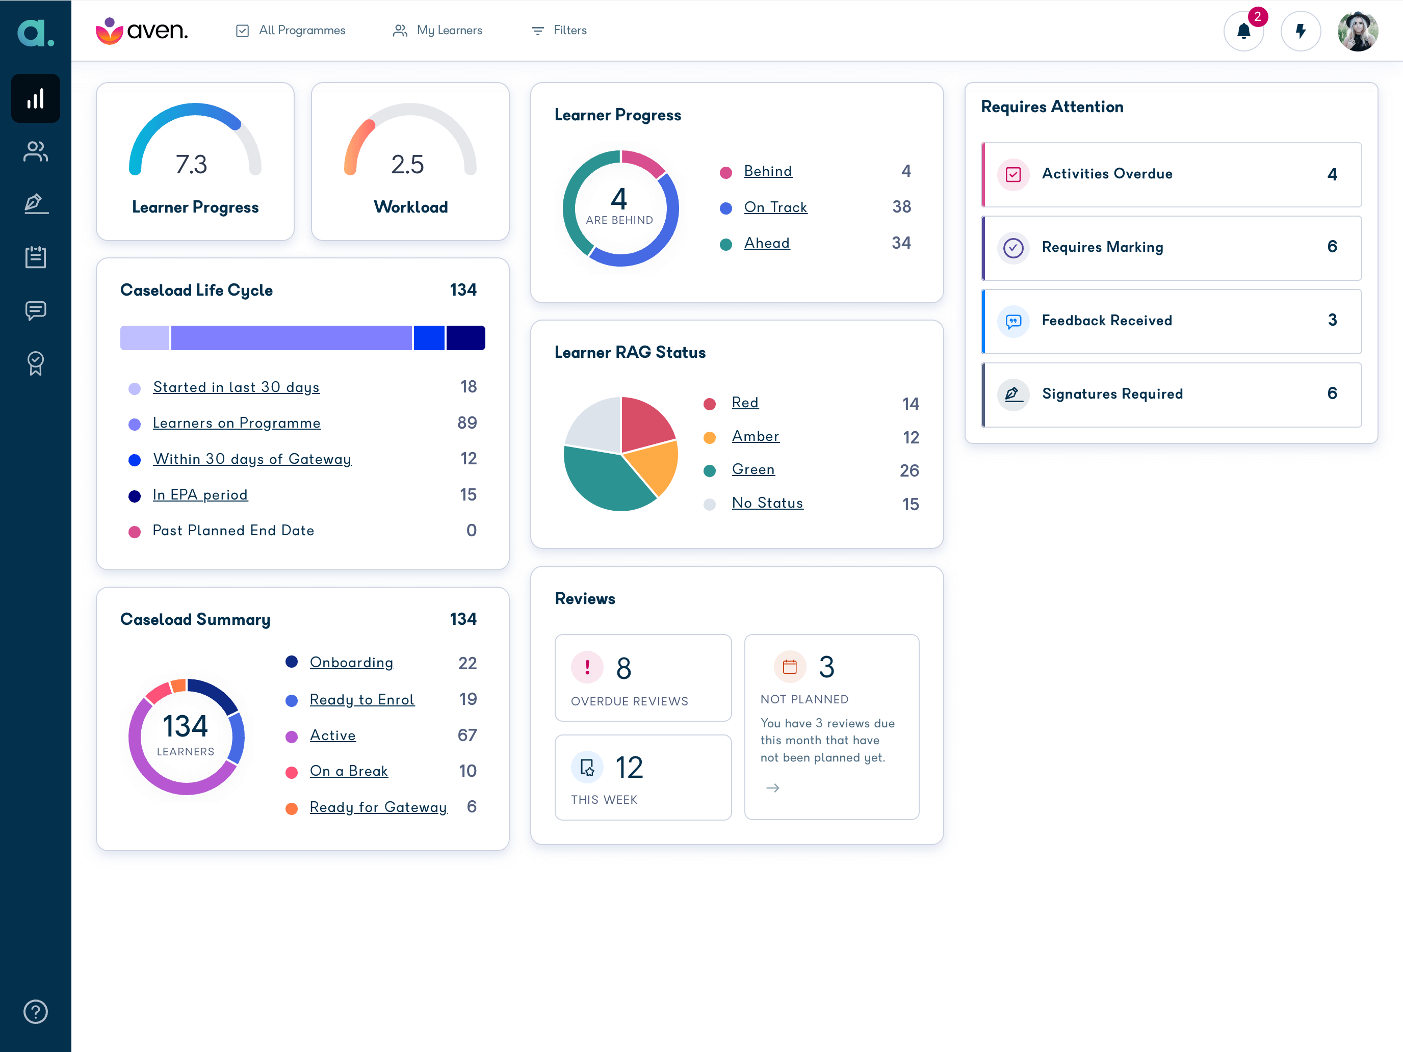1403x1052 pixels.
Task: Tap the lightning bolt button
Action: [1300, 31]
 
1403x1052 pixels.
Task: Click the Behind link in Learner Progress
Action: [767, 171]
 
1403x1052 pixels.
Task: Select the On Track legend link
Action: [775, 207]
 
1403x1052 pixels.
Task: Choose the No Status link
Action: [767, 503]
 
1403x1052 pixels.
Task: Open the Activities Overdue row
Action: [1171, 174]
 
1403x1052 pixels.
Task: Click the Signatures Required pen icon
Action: [1013, 394]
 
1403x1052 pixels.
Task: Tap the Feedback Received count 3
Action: [1332, 320]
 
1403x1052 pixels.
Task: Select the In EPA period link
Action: [200, 494]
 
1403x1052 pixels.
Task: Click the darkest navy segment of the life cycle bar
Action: [465, 338]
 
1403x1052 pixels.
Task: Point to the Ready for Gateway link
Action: [378, 807]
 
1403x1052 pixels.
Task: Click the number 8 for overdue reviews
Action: [623, 668]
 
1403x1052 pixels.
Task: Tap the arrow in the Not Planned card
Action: [772, 788]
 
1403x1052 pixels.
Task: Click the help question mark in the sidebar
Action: [36, 1011]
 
